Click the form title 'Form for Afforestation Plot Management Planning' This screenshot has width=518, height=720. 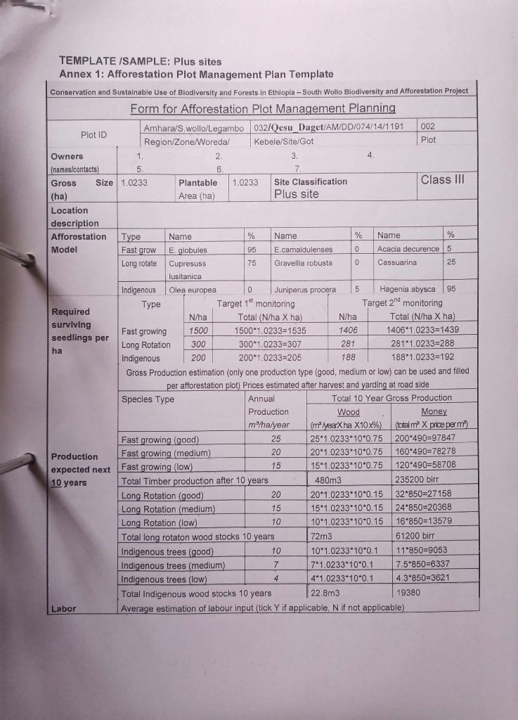point(263,109)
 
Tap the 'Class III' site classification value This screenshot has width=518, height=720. point(442,179)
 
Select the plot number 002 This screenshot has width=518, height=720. point(428,127)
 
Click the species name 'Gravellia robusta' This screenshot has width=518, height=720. point(304,262)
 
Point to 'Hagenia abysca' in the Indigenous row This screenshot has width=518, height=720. point(408,289)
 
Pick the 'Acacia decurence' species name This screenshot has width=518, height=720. point(408,249)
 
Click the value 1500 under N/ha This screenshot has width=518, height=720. point(200,330)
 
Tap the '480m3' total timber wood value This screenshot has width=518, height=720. point(328,481)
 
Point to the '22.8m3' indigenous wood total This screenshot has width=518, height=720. point(325,593)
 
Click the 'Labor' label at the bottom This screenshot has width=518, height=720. point(63,608)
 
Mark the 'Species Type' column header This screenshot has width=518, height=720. point(148,399)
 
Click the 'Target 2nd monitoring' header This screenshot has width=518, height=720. point(403,303)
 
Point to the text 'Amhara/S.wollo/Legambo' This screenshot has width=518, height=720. point(193,128)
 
